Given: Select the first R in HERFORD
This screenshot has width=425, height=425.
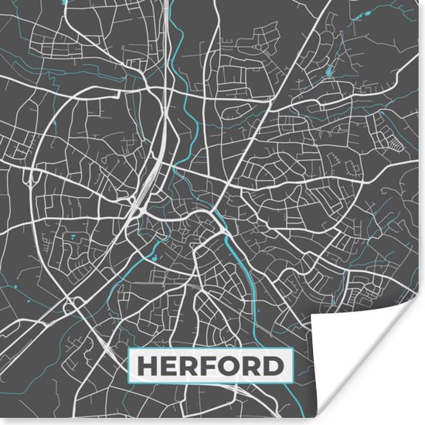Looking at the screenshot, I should coord(189,365).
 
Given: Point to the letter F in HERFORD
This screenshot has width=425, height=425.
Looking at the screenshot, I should coord(209,365).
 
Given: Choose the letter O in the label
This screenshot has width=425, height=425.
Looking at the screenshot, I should coord(229,365).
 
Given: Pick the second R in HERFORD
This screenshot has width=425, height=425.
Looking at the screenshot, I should coord(252,365).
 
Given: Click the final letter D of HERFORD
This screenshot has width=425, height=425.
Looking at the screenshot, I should coord(274,365).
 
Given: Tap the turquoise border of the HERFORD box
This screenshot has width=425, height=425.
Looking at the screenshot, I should coord(210,350).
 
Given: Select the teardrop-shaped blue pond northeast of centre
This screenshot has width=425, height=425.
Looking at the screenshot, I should coord(329,72).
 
